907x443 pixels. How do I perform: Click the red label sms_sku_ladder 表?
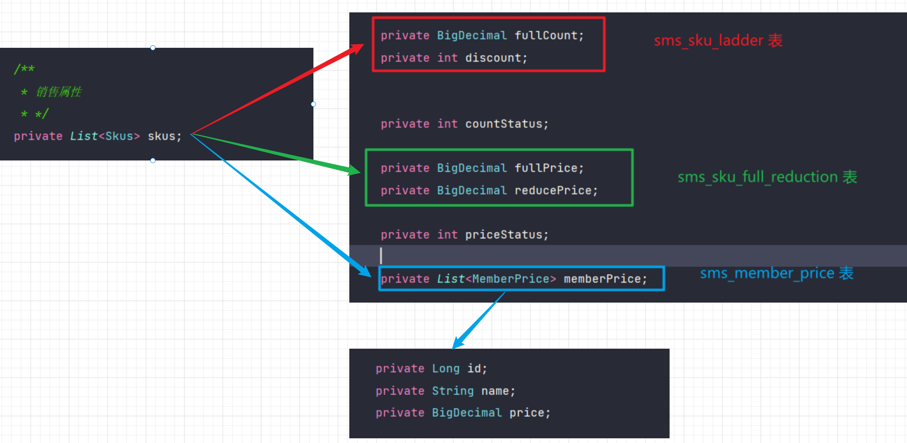(718, 41)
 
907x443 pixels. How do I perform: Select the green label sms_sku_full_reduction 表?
(767, 177)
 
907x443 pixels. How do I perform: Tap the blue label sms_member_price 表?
(776, 273)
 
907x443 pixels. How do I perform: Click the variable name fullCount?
(546, 35)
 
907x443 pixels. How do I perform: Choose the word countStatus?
(503, 124)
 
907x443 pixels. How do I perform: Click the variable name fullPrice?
(546, 168)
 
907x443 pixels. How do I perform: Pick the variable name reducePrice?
(553, 190)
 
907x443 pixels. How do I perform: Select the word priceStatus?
(503, 235)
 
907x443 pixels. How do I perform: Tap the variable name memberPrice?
(602, 279)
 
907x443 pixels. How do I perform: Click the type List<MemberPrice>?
(496, 279)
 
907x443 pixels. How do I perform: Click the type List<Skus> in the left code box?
(105, 136)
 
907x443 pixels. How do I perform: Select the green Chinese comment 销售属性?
(59, 92)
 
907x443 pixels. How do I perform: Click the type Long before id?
(445, 368)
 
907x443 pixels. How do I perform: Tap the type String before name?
(453, 391)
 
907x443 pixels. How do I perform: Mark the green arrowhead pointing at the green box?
(354, 170)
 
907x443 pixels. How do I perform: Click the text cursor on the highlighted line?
(381, 256)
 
